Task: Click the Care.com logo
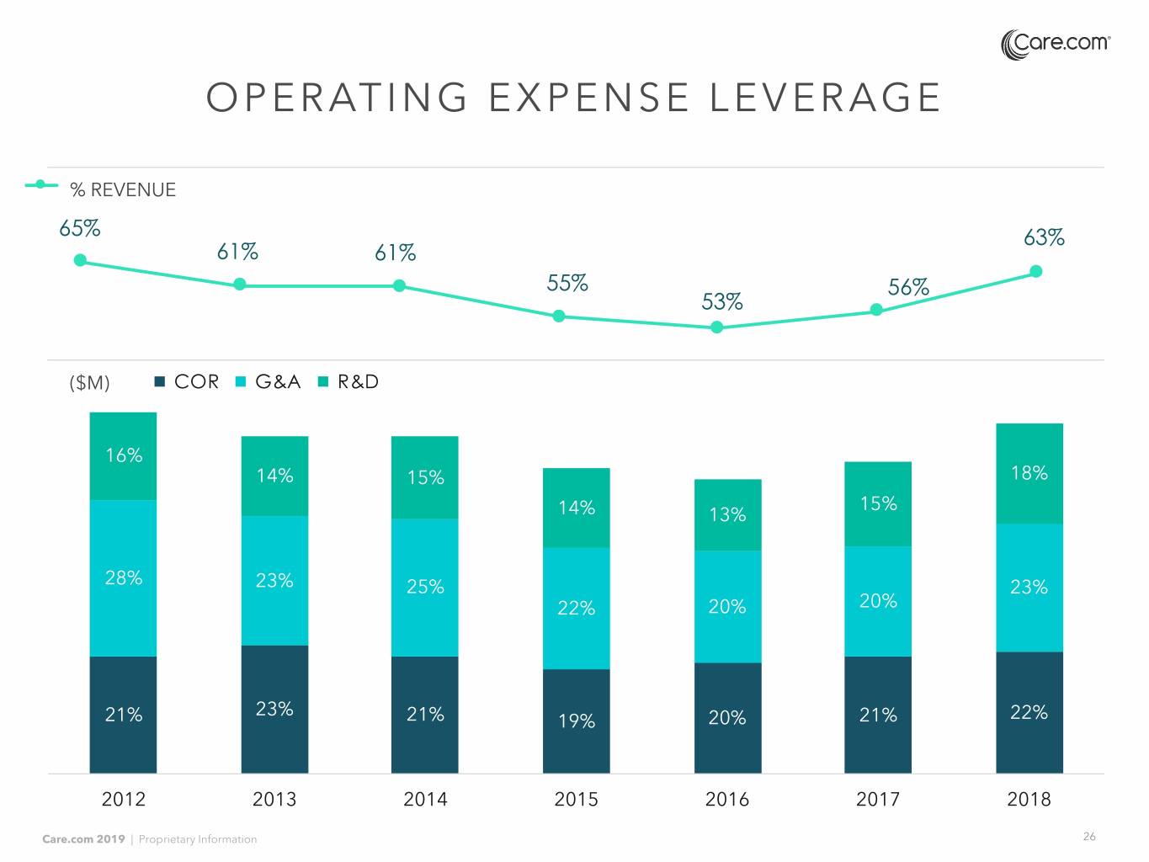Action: point(1056,44)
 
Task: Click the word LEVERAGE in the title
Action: point(825,98)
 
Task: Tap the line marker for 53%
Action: point(717,327)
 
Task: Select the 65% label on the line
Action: point(80,229)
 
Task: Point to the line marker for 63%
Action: point(1036,271)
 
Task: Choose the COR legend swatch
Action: point(160,382)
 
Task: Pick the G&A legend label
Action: point(278,382)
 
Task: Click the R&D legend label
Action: point(358,382)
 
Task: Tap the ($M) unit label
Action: point(89,383)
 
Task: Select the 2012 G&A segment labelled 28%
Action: point(123,578)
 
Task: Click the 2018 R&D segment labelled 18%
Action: point(1029,473)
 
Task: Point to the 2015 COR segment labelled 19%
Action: point(576,721)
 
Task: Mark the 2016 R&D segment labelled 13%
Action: point(727,514)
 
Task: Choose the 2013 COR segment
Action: point(274,709)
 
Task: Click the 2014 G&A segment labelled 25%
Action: point(425,587)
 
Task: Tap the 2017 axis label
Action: point(878,799)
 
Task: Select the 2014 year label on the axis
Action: point(425,799)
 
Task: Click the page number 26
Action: point(1089,837)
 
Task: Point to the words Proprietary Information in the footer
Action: point(198,839)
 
